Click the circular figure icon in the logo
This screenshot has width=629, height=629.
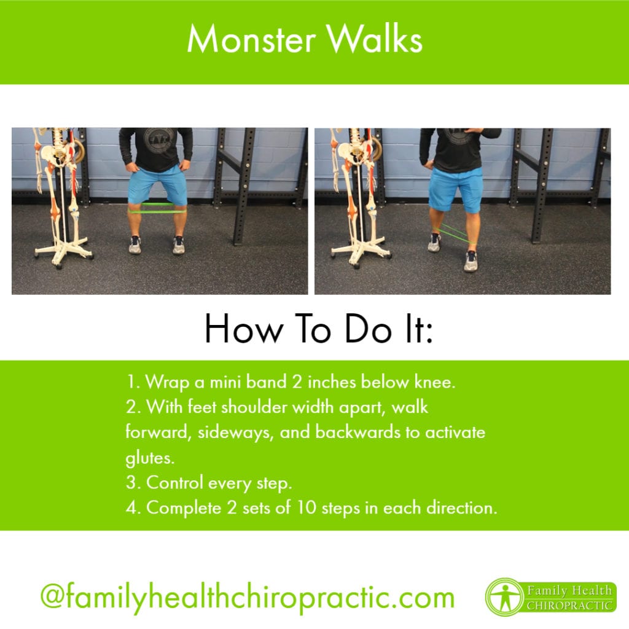[x=503, y=596]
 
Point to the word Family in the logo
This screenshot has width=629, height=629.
[x=549, y=590]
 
